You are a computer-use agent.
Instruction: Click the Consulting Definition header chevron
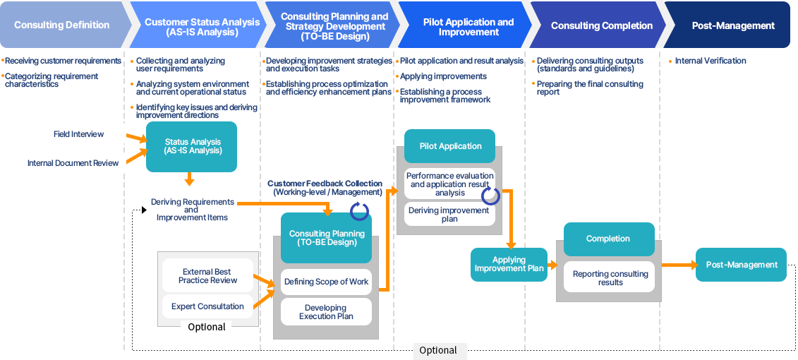pos(62,25)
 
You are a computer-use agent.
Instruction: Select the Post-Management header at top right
pos(733,25)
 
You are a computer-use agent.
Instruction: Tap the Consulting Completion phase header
pos(601,25)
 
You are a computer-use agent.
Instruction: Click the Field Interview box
pos(78,134)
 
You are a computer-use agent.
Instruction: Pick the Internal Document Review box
pos(73,163)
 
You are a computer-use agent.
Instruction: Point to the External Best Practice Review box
pos(207,276)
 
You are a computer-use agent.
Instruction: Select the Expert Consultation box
pos(207,306)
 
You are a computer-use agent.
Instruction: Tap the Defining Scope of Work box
pos(326,282)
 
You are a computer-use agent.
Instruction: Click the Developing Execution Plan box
pos(326,312)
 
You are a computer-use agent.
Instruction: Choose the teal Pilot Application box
pos(450,146)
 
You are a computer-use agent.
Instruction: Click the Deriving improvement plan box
pos(449,215)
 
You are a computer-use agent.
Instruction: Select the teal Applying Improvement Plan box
pos(509,265)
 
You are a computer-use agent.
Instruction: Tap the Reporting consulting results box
pos(610,277)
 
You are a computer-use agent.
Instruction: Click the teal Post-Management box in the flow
pos(741,265)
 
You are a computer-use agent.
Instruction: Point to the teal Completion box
pos(607,239)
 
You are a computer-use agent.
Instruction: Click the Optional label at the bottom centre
pos(438,350)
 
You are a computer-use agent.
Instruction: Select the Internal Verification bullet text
pos(710,61)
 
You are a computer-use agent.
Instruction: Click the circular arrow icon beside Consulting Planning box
pos(360,209)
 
